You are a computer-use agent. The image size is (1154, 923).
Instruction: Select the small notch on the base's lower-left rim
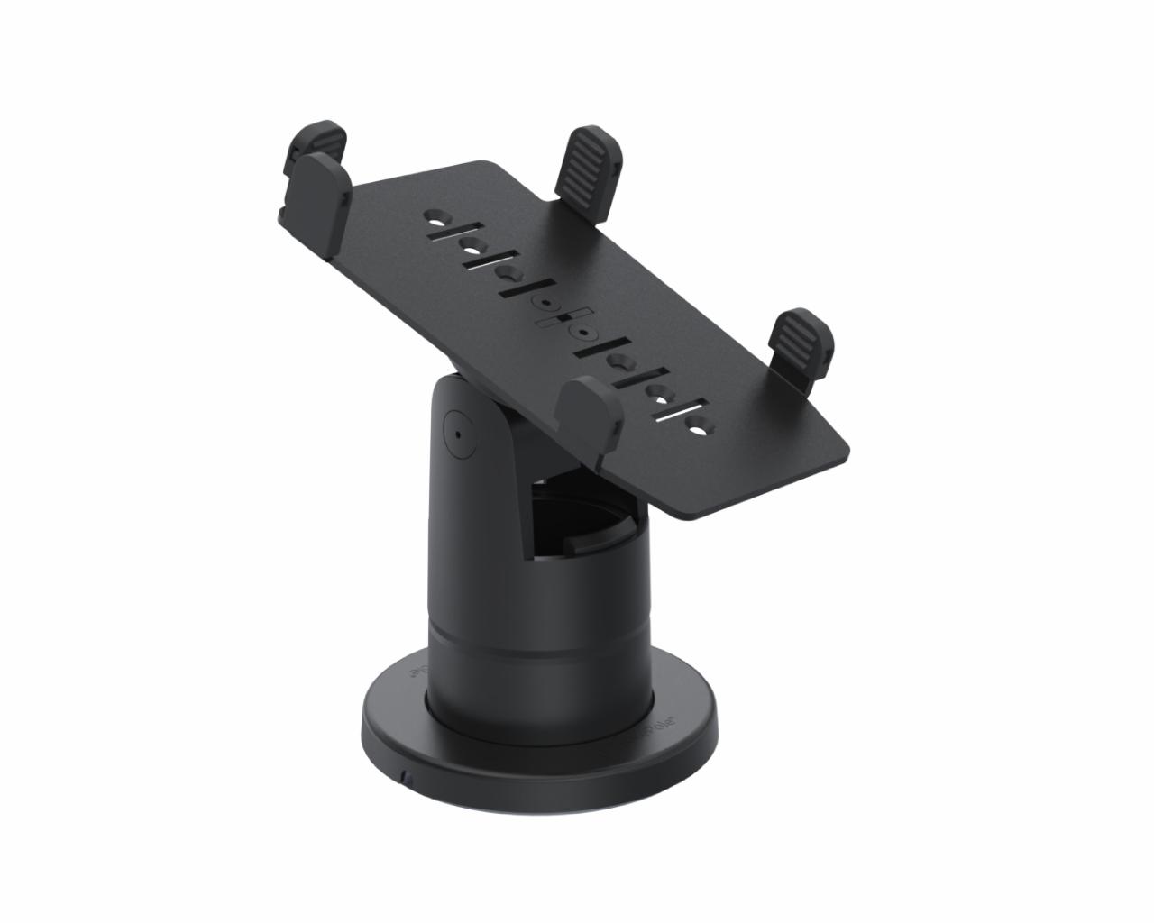pos(408,775)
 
